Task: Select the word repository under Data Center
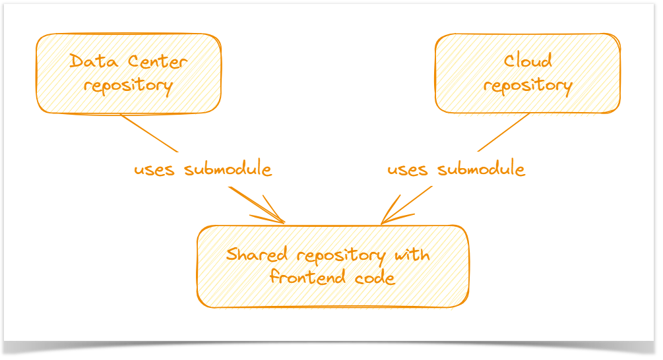click(x=128, y=86)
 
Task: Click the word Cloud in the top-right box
click(x=528, y=61)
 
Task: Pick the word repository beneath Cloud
click(x=528, y=86)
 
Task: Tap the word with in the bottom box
click(x=413, y=255)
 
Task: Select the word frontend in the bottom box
click(x=307, y=277)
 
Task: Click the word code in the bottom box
click(x=374, y=278)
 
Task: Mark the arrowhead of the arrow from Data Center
click(x=282, y=222)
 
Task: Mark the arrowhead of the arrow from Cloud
click(x=384, y=222)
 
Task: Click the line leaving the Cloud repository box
click(x=504, y=133)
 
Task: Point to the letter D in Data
click(x=76, y=62)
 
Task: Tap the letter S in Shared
click(x=232, y=255)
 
